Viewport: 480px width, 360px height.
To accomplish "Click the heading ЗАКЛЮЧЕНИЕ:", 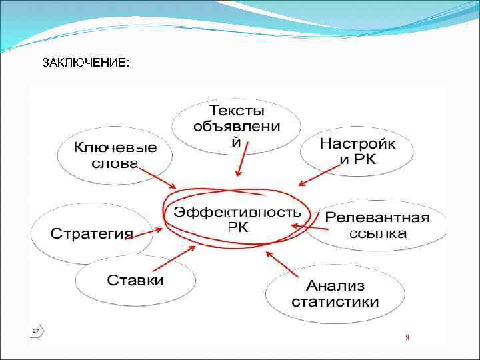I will click(x=86, y=63).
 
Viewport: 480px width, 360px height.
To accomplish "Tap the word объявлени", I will click(x=237, y=126).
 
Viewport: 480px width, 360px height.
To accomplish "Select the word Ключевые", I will click(x=115, y=147).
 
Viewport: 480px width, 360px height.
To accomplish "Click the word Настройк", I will click(x=357, y=143).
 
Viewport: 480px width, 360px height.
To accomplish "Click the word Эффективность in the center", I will click(x=237, y=212).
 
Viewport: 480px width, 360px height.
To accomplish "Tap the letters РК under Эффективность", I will click(x=237, y=227).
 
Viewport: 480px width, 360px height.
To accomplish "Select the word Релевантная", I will click(x=377, y=218).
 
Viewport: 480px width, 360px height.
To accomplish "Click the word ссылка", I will click(x=377, y=233).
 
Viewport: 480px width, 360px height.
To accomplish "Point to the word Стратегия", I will click(x=92, y=234).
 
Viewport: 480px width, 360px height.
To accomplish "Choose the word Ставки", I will click(x=135, y=279).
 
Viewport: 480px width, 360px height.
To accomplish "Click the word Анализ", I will click(x=335, y=286).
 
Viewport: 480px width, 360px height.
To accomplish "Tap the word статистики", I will click(x=335, y=301).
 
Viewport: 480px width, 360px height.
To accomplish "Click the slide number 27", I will click(x=35, y=330).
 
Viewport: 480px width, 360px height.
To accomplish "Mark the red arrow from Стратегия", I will click(x=149, y=233).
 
